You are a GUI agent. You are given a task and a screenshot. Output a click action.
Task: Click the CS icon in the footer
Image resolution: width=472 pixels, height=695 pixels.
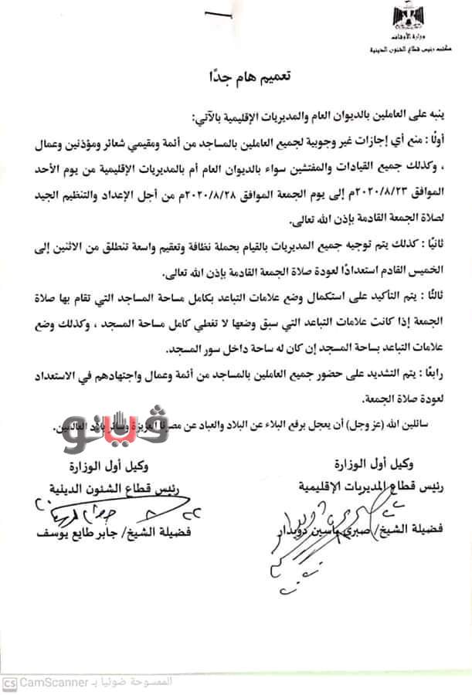tap(10, 683)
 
